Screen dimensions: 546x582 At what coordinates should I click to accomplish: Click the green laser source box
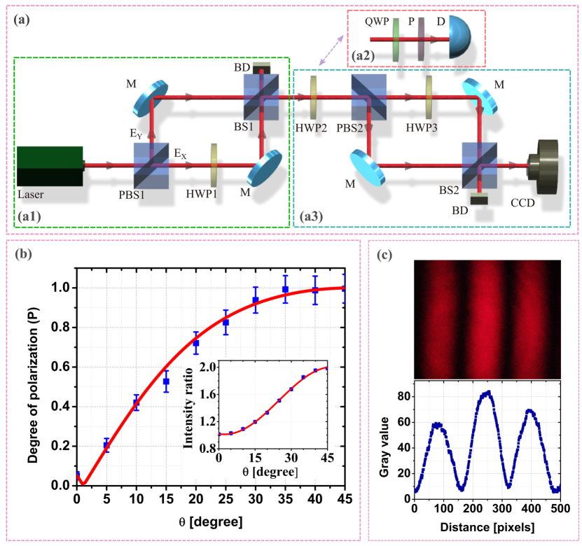coord(49,166)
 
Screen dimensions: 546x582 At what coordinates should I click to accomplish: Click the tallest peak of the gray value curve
coord(487,392)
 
